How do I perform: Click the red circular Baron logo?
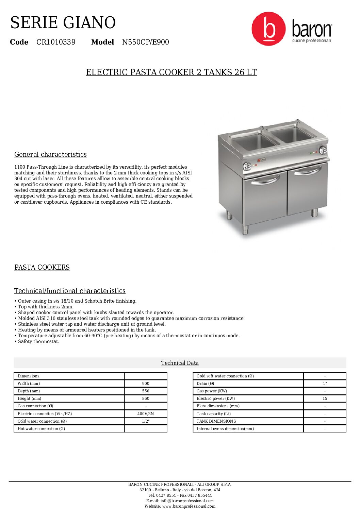point(268,29)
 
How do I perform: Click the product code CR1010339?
point(56,42)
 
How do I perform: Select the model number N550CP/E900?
point(145,42)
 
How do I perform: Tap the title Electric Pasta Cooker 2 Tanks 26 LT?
point(171,72)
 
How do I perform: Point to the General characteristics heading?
point(50,154)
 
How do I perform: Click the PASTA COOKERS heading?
point(42,267)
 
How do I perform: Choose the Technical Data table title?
point(180,363)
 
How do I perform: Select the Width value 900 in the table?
point(146,384)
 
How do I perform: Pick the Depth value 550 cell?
point(146,391)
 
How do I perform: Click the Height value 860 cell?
point(146,398)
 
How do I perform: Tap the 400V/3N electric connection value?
point(146,414)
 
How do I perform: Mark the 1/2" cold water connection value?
point(146,421)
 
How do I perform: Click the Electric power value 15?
point(325,398)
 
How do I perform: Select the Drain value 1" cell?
point(325,384)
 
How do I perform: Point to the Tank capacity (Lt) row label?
point(213,414)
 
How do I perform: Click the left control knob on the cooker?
point(247,166)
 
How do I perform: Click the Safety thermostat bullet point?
point(38,341)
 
